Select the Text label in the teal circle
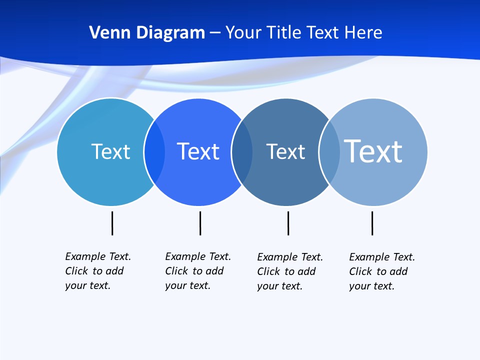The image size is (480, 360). coord(110,151)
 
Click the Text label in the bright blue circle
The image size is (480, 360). coord(198,151)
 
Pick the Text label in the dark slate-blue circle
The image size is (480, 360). coord(285,151)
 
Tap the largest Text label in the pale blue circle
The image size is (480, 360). coord(373,151)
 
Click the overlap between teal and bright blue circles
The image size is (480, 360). coord(154,151)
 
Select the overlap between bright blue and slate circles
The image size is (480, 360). coord(242,151)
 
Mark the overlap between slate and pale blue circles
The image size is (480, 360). coord(329,151)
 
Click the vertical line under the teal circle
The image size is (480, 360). coord(112,223)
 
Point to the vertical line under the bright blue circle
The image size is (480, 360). coord(200,223)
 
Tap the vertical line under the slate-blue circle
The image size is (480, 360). coord(288,223)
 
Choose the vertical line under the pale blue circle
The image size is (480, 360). coord(372,223)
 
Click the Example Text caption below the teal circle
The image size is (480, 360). coord(97,271)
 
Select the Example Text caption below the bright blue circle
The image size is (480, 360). coord(197,271)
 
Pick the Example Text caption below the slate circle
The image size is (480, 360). coord(289,271)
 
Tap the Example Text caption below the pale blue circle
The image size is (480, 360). coord(381,271)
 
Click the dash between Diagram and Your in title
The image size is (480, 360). coord(215,33)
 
